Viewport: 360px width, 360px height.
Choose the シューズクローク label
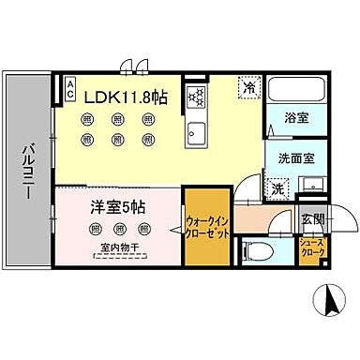[x=313, y=249]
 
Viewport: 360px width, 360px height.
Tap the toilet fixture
[x=255, y=250]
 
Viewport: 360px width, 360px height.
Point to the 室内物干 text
[x=119, y=248]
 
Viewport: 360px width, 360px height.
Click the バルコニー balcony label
[x=27, y=176]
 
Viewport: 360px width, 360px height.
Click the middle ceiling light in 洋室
[x=119, y=230]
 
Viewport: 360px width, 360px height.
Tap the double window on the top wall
[x=131, y=67]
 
